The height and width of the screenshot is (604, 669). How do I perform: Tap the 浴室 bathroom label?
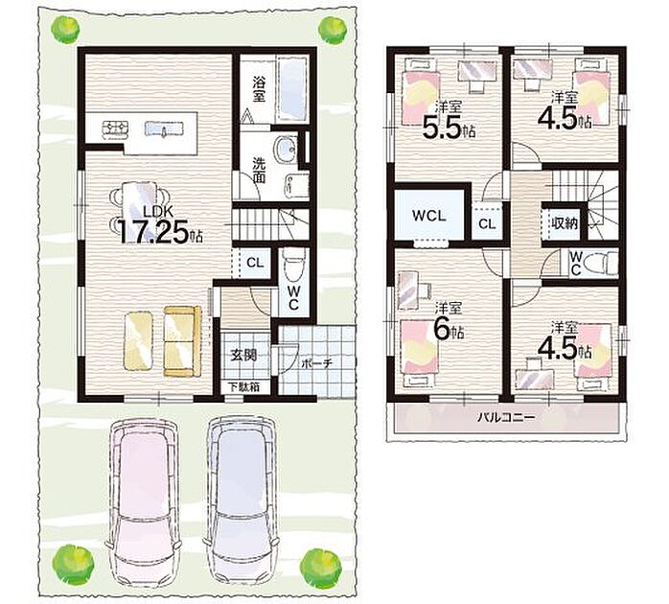258,89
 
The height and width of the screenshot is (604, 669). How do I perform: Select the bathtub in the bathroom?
292,89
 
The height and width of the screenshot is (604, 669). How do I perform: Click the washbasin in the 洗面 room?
285,150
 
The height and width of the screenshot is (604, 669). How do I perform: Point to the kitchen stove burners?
115,128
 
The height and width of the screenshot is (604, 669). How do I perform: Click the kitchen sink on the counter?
164,128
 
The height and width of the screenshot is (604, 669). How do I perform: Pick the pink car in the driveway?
143,502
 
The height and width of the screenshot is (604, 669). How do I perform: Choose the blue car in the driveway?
242,502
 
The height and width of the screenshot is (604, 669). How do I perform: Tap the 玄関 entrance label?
243,355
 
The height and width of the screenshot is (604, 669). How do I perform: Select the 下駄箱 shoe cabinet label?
243,387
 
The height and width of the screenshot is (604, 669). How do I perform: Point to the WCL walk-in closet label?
428,216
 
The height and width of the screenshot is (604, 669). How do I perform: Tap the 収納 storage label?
565,223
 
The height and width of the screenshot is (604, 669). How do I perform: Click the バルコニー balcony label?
506,417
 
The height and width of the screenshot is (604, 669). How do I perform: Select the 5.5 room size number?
443,127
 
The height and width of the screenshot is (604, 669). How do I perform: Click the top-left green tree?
65,30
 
